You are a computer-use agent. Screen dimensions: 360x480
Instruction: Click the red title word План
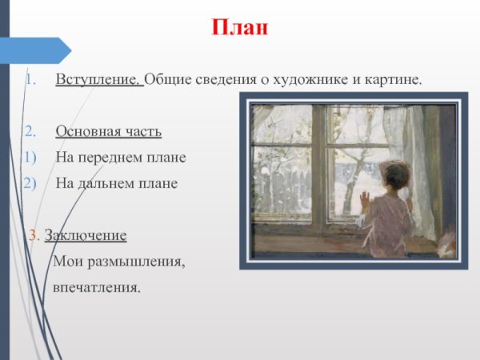click(x=240, y=29)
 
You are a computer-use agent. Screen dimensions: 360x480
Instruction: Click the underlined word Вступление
click(x=98, y=81)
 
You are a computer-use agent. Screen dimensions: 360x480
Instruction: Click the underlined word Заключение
click(x=86, y=235)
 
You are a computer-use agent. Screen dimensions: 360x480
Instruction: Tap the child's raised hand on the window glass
click(x=365, y=198)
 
